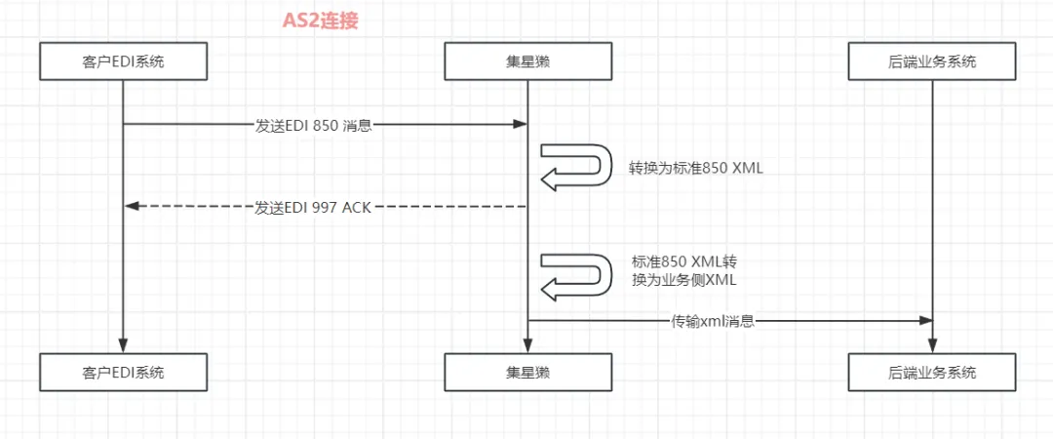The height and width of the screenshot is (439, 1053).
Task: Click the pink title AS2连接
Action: (321, 20)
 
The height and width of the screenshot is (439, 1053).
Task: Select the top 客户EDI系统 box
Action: (124, 62)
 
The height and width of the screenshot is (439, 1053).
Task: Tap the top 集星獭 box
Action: (527, 62)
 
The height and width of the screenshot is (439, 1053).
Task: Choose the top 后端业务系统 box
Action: (932, 62)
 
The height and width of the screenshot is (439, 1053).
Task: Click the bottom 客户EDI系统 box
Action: (124, 373)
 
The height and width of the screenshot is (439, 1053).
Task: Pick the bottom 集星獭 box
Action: (527, 373)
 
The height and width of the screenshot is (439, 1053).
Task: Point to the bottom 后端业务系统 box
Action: (932, 373)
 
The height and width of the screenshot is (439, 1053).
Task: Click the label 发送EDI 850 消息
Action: (313, 125)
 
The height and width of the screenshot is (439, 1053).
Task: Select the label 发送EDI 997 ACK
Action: (313, 207)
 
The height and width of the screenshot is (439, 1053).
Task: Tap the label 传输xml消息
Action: (713, 321)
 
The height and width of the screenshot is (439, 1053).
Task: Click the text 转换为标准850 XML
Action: (696, 168)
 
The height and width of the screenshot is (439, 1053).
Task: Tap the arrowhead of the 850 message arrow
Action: (521, 124)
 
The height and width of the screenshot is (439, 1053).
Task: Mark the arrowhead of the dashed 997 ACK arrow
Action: (133, 206)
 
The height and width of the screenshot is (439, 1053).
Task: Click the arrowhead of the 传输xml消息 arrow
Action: (925, 320)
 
